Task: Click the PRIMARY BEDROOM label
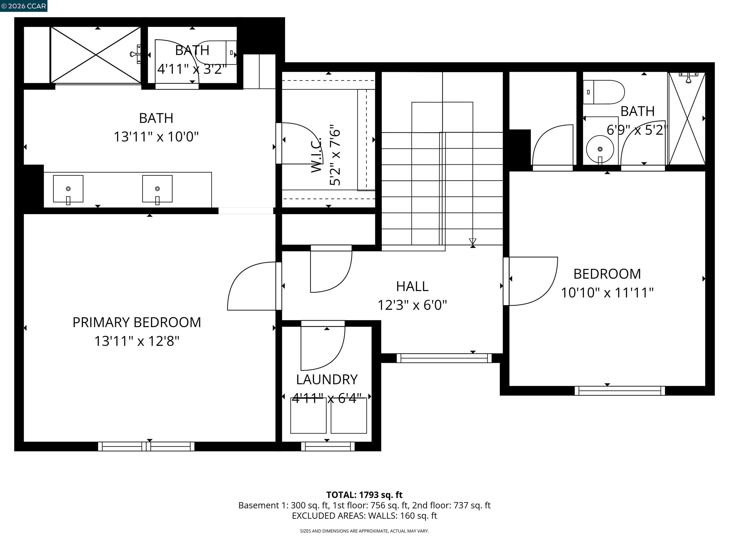(x=136, y=322)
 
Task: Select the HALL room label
(x=412, y=286)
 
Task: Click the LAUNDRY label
(x=327, y=379)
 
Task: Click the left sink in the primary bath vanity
(x=68, y=189)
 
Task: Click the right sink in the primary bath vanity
(x=157, y=189)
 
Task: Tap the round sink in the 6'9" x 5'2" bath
(x=600, y=149)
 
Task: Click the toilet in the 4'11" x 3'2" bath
(x=214, y=53)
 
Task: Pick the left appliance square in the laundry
(x=308, y=416)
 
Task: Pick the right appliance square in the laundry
(x=349, y=416)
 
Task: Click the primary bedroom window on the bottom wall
(x=146, y=446)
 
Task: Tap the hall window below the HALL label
(x=444, y=358)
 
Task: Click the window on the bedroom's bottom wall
(x=620, y=391)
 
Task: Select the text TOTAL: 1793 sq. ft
(x=364, y=495)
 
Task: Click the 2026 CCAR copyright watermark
(x=23, y=6)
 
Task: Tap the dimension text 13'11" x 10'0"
(x=156, y=136)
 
